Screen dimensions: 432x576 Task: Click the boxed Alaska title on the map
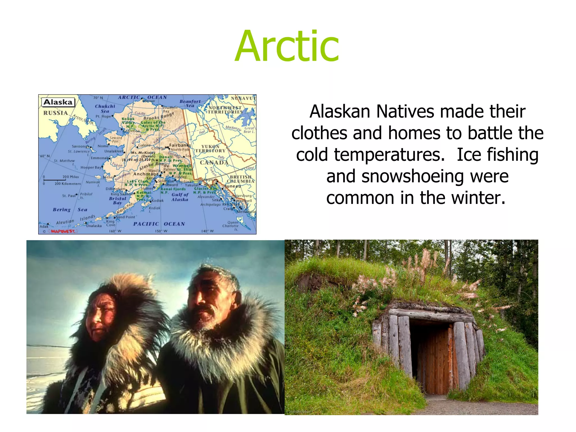[x=58, y=102]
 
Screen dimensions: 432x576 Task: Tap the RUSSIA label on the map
[x=55, y=113]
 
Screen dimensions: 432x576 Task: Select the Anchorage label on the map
[x=146, y=174]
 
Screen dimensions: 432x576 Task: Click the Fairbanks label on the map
[x=180, y=145]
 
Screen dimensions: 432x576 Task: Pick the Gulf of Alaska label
[x=180, y=197]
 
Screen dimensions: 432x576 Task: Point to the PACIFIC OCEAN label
[x=159, y=224]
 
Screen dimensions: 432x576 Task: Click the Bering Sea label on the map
[x=70, y=210]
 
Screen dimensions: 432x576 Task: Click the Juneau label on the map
[x=233, y=186]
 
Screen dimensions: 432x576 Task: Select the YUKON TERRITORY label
[x=210, y=148]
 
